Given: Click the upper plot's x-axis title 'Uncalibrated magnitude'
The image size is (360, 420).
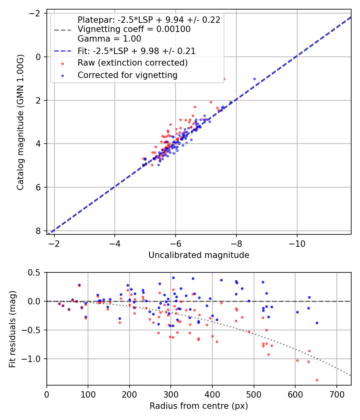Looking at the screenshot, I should point(199,255).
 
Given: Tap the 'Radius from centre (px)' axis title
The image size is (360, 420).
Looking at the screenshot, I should point(199,406).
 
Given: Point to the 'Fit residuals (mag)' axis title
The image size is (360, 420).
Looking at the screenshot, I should point(12,329).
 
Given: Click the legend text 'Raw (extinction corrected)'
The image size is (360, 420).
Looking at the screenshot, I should point(132,63).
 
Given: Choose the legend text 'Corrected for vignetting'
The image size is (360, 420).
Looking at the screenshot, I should point(127,75).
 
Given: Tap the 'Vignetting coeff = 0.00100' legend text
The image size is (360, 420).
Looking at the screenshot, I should point(134,29).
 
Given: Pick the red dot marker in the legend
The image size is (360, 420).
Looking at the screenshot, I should point(63,63).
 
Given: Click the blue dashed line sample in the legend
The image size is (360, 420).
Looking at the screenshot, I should point(63,51).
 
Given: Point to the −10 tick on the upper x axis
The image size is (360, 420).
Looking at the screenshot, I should point(297,244).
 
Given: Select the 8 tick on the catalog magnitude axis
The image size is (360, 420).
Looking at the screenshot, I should point(38,231).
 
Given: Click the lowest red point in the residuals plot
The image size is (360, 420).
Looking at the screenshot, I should point(317,380).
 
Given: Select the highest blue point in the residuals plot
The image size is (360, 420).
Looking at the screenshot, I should point(173,278).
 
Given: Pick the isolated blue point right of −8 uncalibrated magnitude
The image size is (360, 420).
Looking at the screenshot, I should point(254,79).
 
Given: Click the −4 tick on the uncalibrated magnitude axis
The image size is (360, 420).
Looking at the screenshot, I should point(115,244).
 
